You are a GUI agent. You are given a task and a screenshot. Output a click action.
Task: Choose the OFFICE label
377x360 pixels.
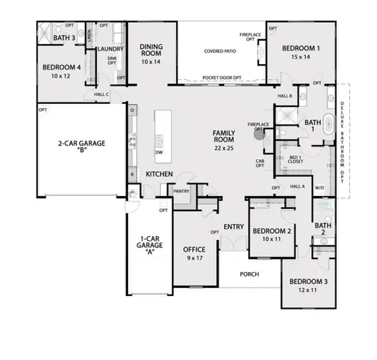point(195,250)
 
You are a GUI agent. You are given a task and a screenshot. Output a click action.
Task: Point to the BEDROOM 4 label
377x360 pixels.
point(61,66)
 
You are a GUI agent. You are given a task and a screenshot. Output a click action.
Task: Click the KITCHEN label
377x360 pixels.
point(160,174)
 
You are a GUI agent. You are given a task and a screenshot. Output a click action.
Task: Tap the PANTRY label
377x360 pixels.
point(181,191)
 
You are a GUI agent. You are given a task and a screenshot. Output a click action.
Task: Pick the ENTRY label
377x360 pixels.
point(233,226)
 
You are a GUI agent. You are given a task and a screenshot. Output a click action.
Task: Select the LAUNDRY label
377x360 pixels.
point(109,49)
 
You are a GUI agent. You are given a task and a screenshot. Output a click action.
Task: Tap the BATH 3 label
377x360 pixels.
point(64,38)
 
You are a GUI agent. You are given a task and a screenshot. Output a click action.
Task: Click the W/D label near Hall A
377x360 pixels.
point(319,189)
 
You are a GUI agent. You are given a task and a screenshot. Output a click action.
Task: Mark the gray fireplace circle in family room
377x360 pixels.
point(259,134)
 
